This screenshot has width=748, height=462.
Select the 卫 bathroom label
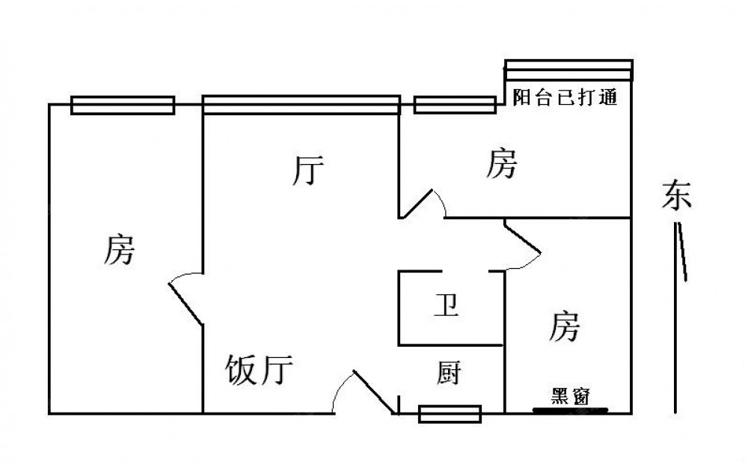click(447, 306)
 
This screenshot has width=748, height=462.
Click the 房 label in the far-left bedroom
click(119, 249)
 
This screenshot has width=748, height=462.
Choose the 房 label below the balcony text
click(502, 165)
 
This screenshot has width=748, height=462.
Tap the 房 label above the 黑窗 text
click(565, 327)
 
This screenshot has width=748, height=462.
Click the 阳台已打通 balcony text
click(565, 97)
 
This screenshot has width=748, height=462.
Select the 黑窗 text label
click(570, 397)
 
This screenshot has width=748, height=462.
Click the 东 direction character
click(676, 196)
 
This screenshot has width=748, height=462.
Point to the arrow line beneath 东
click(681, 314)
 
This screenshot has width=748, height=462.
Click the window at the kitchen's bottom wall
click(449, 413)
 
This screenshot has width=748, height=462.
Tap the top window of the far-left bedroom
click(123, 106)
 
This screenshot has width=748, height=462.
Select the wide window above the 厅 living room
click(301, 104)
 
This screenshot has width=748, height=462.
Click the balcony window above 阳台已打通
click(568, 70)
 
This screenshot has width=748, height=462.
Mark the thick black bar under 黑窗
click(570, 410)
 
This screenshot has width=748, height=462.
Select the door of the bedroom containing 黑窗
click(524, 244)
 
